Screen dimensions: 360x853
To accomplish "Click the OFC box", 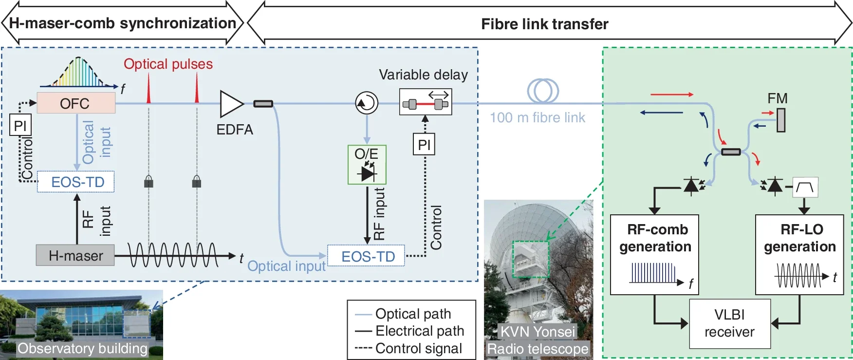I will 76,103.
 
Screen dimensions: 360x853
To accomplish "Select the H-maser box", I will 75,255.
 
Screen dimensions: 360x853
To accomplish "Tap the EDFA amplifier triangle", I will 230,104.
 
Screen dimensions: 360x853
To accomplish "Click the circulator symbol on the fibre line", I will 367,103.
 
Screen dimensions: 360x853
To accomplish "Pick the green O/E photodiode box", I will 367,165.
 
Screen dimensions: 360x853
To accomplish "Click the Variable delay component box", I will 426,102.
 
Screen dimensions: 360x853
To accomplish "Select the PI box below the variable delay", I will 424,145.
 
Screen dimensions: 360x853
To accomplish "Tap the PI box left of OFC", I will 20,126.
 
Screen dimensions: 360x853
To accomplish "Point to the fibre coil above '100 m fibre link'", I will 543,91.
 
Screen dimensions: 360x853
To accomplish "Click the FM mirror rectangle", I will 781,120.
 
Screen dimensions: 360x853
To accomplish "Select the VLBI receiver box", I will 729,323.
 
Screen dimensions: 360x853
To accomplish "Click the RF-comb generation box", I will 654,254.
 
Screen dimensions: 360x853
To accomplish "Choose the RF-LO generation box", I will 799,254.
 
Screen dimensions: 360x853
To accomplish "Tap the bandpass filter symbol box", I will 805,187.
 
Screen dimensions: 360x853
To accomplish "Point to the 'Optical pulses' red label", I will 168,64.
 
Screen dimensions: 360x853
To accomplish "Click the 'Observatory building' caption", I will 82,349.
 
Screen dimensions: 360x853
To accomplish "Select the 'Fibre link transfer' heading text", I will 544,24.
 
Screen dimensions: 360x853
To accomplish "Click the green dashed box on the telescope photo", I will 530,259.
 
